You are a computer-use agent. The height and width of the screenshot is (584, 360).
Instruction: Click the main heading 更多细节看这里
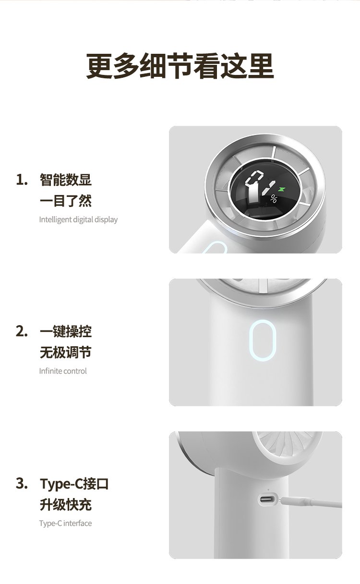[180, 66]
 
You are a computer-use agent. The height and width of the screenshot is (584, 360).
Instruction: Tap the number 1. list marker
[22, 180]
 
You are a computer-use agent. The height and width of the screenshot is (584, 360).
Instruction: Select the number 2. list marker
[22, 331]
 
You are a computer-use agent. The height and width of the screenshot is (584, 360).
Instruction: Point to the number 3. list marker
[22, 483]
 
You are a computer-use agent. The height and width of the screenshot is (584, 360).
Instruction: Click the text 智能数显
[66, 180]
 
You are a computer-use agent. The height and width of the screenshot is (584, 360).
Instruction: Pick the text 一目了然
[66, 201]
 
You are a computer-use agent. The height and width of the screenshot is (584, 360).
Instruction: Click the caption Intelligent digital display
[78, 220]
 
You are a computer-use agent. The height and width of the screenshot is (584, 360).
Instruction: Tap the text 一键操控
[66, 331]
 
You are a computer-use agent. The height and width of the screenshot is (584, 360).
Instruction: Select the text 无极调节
[66, 352]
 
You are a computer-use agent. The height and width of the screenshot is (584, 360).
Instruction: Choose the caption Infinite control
[63, 371]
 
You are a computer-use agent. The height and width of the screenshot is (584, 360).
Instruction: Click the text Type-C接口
[74, 484]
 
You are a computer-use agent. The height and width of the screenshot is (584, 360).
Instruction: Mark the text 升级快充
[66, 504]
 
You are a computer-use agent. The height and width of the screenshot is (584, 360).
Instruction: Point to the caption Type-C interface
[65, 523]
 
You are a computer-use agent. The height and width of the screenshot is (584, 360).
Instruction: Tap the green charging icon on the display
[282, 189]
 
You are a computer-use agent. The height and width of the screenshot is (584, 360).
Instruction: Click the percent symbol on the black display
[273, 199]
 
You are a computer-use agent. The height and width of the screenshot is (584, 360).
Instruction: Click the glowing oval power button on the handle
[262, 341]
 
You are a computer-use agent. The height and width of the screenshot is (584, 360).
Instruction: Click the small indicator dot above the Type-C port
[268, 490]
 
